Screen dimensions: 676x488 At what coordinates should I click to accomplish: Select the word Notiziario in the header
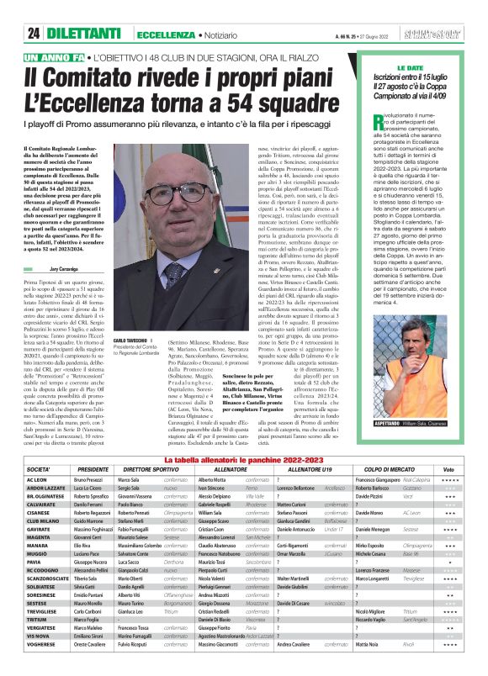click(231, 34)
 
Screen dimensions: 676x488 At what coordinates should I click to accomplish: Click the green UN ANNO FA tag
click(56, 57)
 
